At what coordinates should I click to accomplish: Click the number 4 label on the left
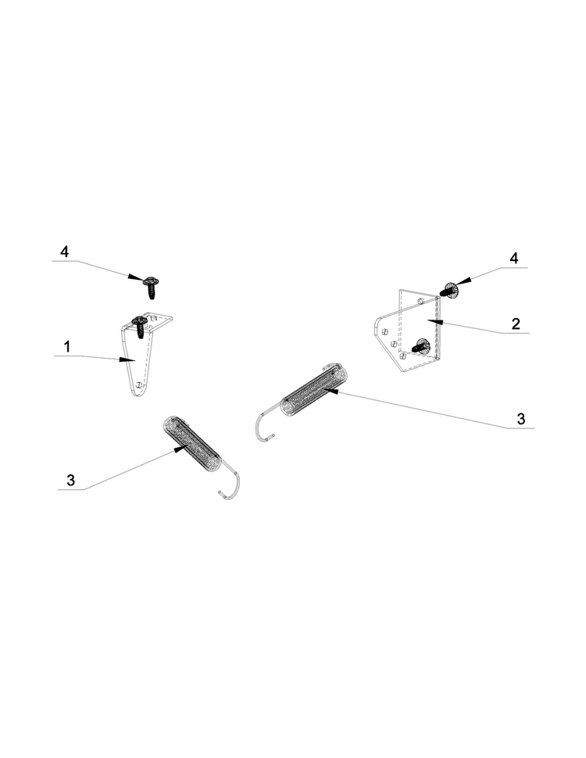coord(64,252)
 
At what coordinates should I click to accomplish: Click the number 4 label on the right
coord(514,258)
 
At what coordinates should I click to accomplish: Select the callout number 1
coord(67,347)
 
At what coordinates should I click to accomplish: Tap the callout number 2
coord(516,324)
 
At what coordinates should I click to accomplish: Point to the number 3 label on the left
coord(70,480)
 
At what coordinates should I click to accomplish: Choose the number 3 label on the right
coord(520,419)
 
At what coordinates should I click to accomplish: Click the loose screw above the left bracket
coord(152,286)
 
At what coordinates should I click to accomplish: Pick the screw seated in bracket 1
coord(140,326)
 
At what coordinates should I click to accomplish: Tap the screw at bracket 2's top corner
coord(448,291)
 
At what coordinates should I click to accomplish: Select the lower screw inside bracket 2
coord(420,347)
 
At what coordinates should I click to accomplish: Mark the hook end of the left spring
coord(230,484)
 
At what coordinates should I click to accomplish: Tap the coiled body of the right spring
coord(314,388)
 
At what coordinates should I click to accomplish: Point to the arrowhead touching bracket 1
coord(127,359)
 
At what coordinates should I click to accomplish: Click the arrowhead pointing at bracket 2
coord(435,320)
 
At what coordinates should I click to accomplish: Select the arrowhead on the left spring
coord(180,449)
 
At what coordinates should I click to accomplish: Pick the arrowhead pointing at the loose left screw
coord(137,277)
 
